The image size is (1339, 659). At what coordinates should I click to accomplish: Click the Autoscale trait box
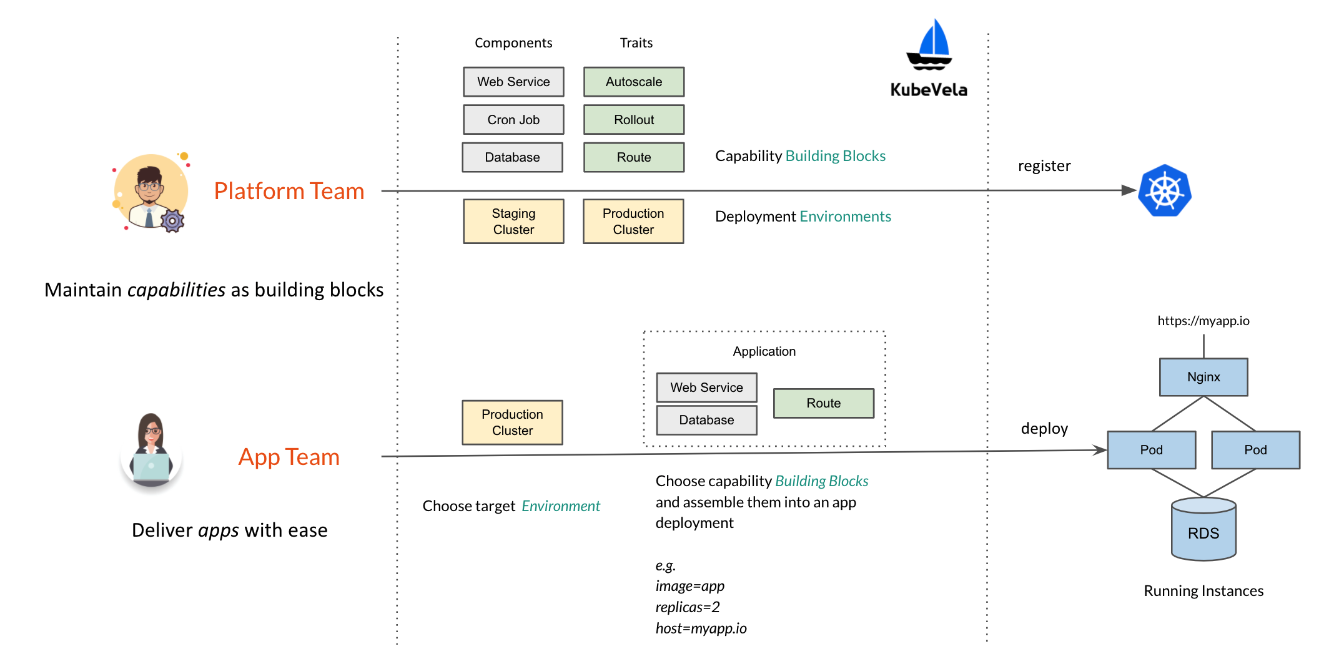pos(634,82)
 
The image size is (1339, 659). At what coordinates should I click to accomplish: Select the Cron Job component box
pos(513,119)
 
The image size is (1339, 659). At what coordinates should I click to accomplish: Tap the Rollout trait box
pos(634,119)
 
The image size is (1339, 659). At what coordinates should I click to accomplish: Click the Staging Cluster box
pos(513,221)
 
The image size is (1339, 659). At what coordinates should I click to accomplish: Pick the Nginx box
pos(1203,377)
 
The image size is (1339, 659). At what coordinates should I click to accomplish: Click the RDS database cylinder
pos(1203,530)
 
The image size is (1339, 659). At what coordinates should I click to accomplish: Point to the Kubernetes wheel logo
pos(1165,191)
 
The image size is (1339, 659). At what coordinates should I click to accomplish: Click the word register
pos(1044,166)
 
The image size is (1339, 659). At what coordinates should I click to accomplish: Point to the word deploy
pos(1044,429)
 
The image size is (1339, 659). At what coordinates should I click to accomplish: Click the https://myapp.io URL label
pos(1203,321)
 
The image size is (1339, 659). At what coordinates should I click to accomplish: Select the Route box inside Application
pos(823,403)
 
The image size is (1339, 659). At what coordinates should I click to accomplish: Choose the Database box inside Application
pos(706,420)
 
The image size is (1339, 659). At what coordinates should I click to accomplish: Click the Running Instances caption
pos(1203,591)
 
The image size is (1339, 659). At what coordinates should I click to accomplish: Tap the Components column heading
pos(513,43)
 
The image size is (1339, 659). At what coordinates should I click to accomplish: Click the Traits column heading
pos(636,43)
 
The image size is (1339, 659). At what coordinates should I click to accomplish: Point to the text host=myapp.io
pos(701,628)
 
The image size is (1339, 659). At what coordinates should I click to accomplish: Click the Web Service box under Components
pos(513,82)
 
